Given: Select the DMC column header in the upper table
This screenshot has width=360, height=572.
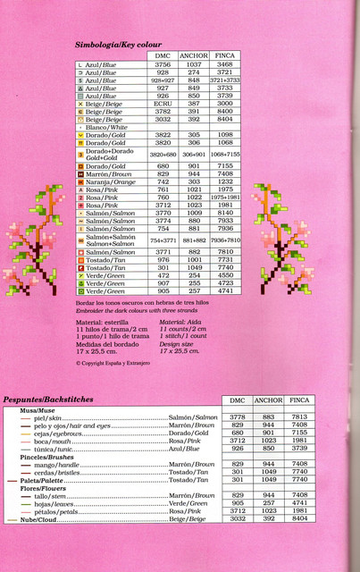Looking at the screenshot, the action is [x=163, y=55].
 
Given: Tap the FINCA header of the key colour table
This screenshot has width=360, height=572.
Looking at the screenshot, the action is [x=225, y=55].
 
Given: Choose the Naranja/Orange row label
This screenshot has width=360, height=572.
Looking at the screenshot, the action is [x=106, y=181].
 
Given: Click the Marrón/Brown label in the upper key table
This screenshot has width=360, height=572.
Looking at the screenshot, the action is [x=105, y=173].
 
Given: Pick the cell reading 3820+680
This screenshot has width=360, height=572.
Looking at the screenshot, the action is [x=163, y=154].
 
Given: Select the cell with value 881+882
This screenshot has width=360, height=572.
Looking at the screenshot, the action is [x=194, y=240].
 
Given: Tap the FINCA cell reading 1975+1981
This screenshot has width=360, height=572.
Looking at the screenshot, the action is [x=225, y=197].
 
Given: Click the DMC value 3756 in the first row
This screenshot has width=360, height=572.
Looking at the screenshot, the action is [x=163, y=64].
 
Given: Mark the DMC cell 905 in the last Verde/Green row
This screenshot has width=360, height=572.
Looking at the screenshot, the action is [x=163, y=290].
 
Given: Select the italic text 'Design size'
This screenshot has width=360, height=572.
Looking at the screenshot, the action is [x=176, y=342].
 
